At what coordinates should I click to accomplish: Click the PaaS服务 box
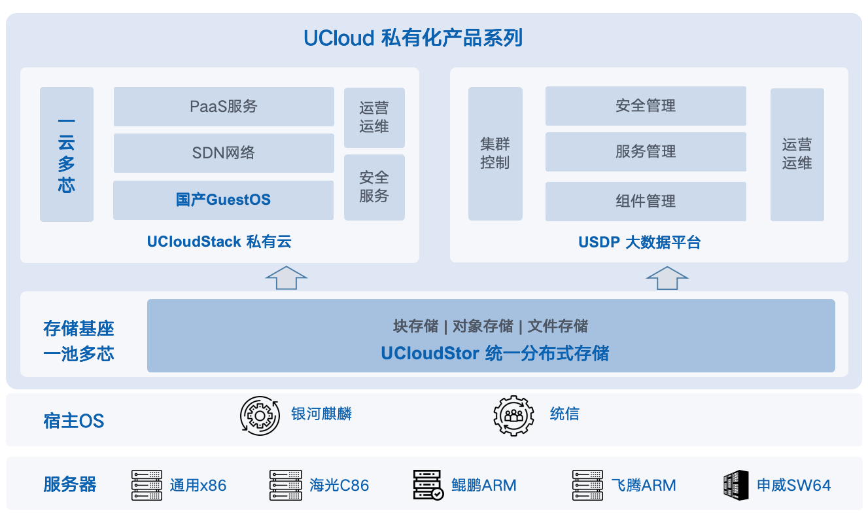pos(224,107)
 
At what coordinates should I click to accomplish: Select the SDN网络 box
pos(224,153)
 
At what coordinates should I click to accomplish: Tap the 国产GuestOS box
pos(223,200)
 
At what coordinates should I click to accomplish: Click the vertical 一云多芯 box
pos(67,154)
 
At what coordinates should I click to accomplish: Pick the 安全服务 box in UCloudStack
pos(374,188)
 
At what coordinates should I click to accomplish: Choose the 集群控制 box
pos(495,154)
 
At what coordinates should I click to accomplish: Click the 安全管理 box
pos(646,106)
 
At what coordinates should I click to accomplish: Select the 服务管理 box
pos(646,152)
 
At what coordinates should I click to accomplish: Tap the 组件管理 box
pos(646,202)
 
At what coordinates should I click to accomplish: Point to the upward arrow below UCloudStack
pos(286,278)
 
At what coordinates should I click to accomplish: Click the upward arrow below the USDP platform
pos(667,278)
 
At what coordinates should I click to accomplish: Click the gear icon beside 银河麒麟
pos(260,416)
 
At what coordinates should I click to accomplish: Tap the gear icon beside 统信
pos(514,416)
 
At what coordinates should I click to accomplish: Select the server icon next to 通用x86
pos(147,485)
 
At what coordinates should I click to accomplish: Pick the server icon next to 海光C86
pos(286,485)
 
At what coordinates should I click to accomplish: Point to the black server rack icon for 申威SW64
pos(736,485)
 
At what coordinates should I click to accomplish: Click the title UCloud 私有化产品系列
pos(413,38)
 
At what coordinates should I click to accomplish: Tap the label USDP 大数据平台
pos(639,242)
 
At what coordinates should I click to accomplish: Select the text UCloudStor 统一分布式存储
pos(495,353)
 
